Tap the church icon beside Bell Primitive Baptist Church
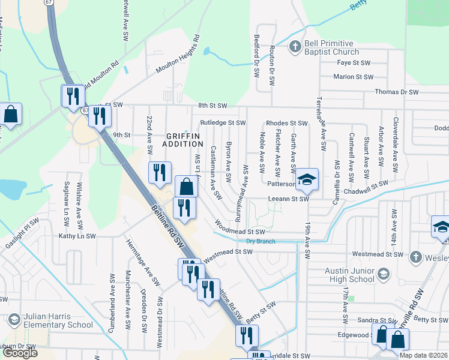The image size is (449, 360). tap(295, 47)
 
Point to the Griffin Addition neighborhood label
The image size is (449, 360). tap(183, 140)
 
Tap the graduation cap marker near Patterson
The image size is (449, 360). tap(307, 179)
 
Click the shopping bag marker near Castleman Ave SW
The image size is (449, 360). tap(186, 187)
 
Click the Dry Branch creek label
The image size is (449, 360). tap(261, 242)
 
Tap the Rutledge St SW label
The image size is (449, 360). tap(223, 123)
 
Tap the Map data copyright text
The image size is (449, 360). tap(423, 355)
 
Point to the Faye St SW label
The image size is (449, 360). tap(352, 62)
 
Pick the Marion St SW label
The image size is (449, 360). tap(353, 77)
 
